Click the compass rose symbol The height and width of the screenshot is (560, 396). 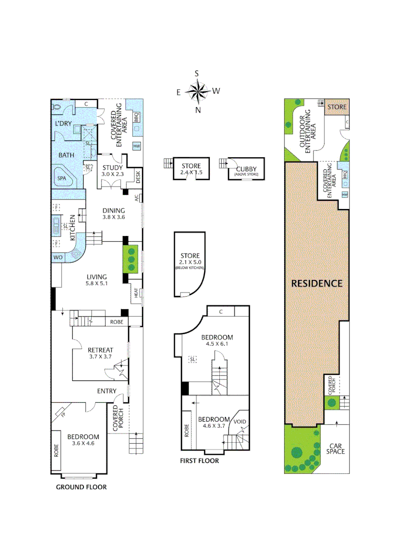(197, 92)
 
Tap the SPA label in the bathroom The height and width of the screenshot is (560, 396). (62, 177)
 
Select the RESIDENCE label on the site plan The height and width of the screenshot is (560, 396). (316, 283)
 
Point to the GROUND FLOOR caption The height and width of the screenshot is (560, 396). (81, 487)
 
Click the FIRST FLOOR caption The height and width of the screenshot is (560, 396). (199, 460)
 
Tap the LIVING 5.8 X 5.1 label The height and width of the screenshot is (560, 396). (96, 280)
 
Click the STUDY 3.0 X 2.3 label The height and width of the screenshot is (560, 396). (112, 171)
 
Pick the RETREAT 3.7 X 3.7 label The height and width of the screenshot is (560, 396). (100, 353)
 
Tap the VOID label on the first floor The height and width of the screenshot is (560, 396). (239, 422)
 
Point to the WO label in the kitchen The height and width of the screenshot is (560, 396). (57, 257)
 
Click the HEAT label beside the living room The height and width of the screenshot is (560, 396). (136, 293)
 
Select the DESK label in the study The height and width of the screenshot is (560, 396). (138, 177)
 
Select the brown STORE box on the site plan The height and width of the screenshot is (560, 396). (336, 107)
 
